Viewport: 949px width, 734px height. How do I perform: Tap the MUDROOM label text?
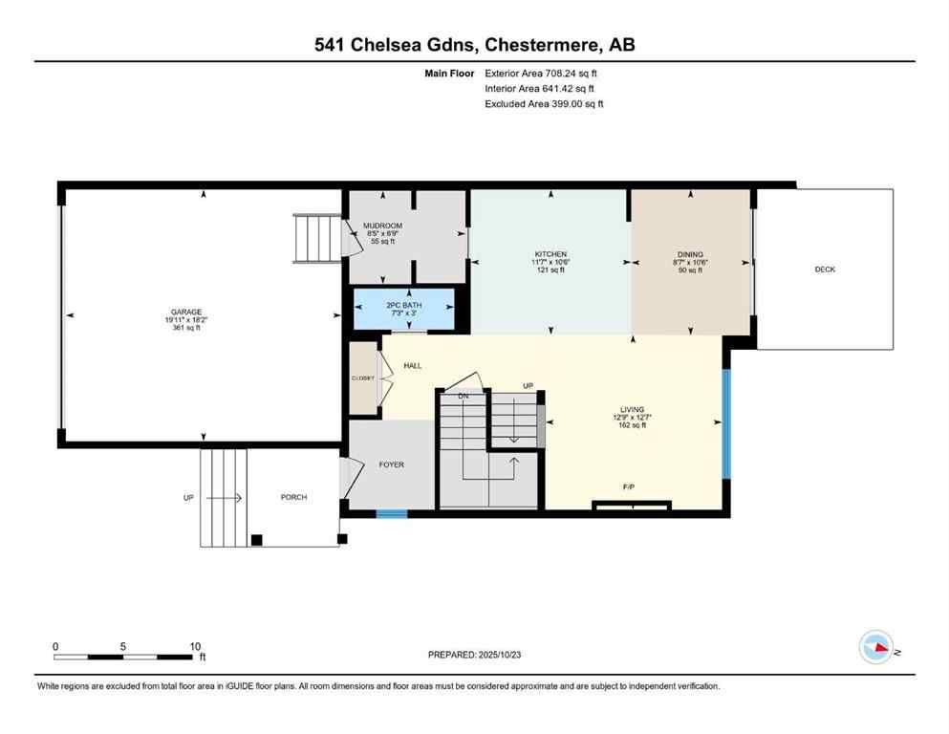pyautogui.click(x=382, y=227)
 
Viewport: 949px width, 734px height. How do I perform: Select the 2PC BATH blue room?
pyautogui.click(x=403, y=307)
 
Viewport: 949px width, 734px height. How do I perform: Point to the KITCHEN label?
pyautogui.click(x=550, y=254)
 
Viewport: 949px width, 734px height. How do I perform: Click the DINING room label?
pyautogui.click(x=690, y=254)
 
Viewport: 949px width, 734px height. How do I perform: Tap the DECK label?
pyautogui.click(x=825, y=270)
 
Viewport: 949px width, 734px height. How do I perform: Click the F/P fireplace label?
pyautogui.click(x=629, y=487)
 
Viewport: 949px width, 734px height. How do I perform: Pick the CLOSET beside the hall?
pyautogui.click(x=362, y=378)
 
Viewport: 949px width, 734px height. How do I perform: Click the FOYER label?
pyautogui.click(x=392, y=464)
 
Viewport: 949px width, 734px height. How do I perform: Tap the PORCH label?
pyautogui.click(x=293, y=497)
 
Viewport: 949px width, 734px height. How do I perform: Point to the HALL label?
pyautogui.click(x=413, y=365)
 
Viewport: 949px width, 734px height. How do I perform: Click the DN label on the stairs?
pyautogui.click(x=464, y=395)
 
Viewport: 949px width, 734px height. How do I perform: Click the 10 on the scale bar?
pyautogui.click(x=194, y=646)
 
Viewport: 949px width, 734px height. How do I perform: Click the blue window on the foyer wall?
pyautogui.click(x=392, y=514)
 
